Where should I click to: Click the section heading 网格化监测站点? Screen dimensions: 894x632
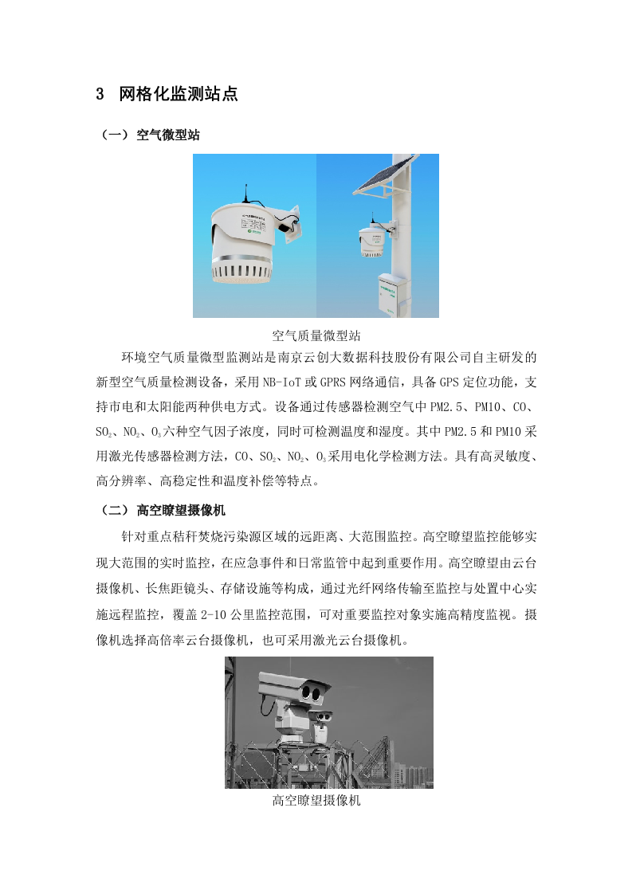[x=179, y=95]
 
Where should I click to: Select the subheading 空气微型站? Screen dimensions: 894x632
[x=167, y=135]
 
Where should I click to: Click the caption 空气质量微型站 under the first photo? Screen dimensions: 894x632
[x=316, y=335]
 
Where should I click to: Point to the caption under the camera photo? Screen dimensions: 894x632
[x=316, y=801]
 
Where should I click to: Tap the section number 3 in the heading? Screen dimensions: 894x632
[x=100, y=95]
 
